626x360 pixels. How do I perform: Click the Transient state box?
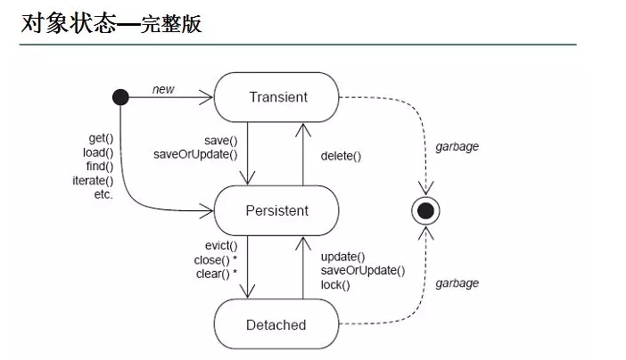[x=277, y=97]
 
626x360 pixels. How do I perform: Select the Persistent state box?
[x=277, y=211]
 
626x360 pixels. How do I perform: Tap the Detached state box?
[x=276, y=325]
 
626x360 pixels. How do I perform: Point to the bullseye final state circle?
[x=425, y=210]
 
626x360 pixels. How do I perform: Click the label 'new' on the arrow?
[x=163, y=89]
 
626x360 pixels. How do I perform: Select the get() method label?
[x=100, y=138]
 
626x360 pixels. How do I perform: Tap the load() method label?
[x=98, y=152]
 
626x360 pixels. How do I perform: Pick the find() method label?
[x=99, y=167]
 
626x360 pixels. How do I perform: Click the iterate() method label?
[x=94, y=181]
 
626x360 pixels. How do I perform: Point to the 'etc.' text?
[x=103, y=195]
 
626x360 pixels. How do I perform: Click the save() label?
[x=220, y=140]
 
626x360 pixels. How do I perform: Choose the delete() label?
[x=342, y=157]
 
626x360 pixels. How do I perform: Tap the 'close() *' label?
[x=216, y=259]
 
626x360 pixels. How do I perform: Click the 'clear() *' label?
[x=216, y=274]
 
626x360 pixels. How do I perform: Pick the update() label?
[x=342, y=257]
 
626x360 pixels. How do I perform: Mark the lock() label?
[x=335, y=285]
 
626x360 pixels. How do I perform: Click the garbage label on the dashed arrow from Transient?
[x=457, y=146]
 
